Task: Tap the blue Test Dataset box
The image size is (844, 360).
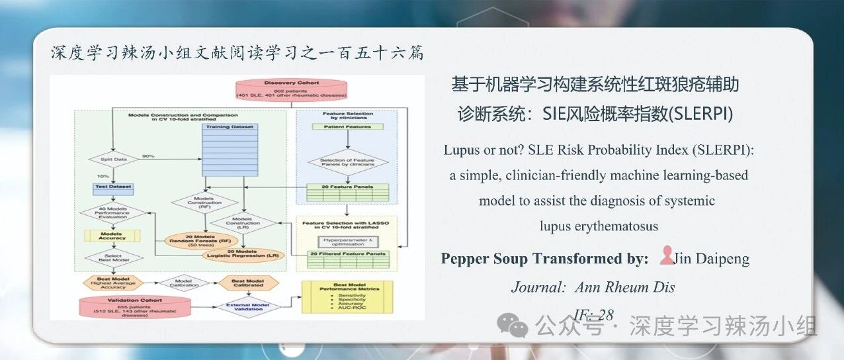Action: tap(113, 188)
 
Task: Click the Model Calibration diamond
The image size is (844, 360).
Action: tap(179, 283)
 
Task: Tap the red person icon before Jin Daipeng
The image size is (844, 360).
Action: tap(666, 257)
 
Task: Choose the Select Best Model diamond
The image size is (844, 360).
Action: tap(112, 257)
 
